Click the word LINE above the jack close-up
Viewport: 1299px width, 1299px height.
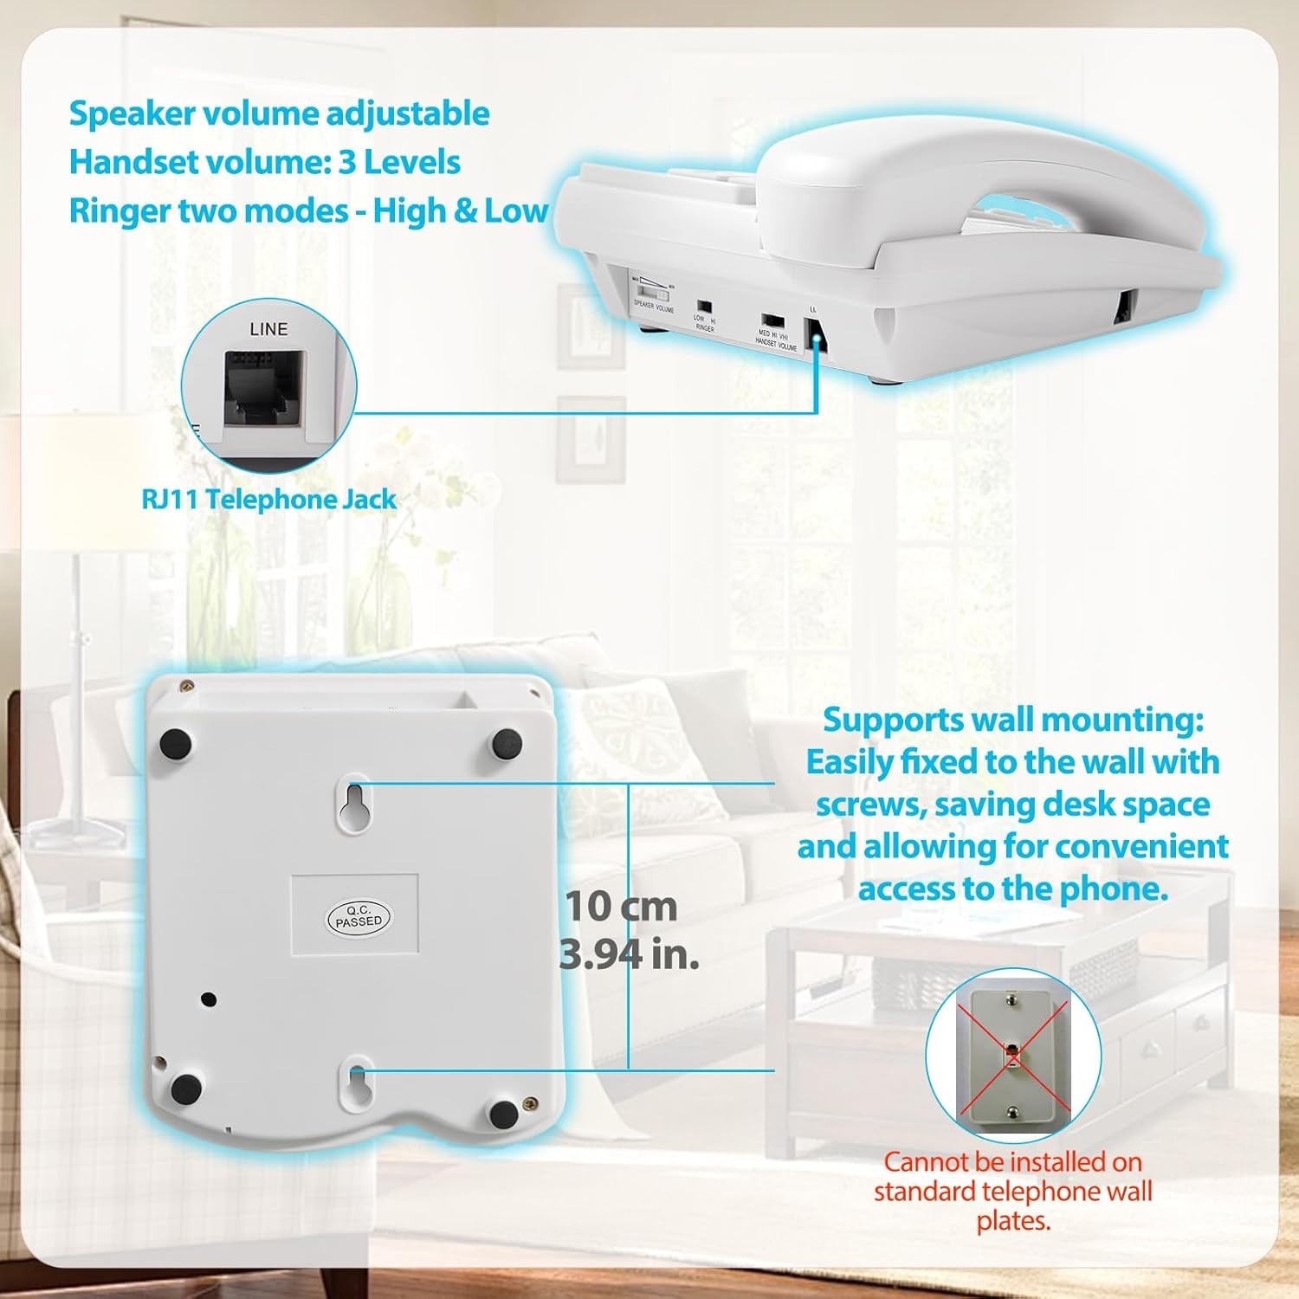point(268,329)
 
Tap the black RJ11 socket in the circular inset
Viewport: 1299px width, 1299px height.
point(263,386)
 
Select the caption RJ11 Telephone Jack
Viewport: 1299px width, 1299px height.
point(269,500)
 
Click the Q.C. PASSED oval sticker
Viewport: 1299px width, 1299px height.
point(359,916)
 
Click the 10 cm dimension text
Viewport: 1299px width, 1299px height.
point(621,907)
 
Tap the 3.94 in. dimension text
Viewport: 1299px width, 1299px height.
point(630,954)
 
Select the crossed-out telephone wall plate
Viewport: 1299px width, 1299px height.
point(1011,1056)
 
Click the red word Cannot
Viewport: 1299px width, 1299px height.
point(927,1161)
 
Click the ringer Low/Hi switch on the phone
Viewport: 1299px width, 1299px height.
point(704,307)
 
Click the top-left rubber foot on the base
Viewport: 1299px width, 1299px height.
point(176,743)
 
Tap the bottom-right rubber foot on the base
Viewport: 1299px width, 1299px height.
point(504,1113)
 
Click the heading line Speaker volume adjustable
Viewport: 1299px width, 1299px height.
point(279,113)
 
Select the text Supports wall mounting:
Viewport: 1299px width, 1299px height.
point(1012,720)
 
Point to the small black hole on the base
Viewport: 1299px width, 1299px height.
point(208,999)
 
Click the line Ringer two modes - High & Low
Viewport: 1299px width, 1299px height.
point(308,210)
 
